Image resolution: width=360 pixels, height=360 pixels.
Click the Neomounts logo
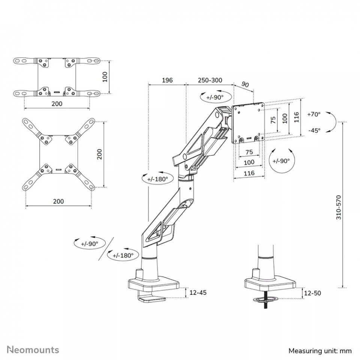coord(33,349)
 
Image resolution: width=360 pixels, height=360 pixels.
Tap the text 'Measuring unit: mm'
coord(320,351)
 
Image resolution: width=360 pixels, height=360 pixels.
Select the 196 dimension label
coord(167,80)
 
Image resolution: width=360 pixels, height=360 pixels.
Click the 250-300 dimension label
coord(210,80)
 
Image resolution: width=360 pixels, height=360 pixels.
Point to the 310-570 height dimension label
coord(339,207)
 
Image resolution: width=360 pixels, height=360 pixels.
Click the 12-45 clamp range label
coord(198,292)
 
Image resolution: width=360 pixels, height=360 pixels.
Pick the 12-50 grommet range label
coord(312,293)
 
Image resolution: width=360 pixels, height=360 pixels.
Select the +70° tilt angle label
coord(313,114)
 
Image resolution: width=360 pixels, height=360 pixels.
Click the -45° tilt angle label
coord(314,130)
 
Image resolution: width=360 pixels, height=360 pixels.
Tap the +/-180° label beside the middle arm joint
coord(157,179)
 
